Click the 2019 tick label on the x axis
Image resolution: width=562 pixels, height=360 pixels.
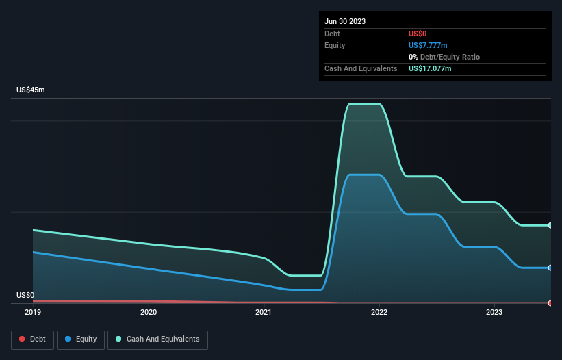click(33, 312)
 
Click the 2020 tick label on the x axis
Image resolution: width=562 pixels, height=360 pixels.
click(148, 312)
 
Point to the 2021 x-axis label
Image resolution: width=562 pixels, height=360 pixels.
click(264, 312)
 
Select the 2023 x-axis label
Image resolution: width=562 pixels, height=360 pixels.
click(494, 312)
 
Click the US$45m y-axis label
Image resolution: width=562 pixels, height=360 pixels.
click(30, 90)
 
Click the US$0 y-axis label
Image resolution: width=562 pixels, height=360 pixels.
click(25, 296)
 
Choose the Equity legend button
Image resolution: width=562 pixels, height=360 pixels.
click(81, 339)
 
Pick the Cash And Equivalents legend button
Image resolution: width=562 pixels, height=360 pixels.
click(157, 339)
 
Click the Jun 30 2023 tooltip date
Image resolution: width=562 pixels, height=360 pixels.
click(345, 21)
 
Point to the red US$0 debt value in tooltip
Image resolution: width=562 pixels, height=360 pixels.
click(418, 34)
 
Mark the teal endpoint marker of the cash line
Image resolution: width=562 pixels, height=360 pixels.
click(550, 225)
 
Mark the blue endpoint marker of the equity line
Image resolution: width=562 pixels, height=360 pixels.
click(550, 268)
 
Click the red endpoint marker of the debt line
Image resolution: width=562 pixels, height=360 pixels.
click(550, 303)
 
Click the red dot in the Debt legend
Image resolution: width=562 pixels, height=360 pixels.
click(22, 339)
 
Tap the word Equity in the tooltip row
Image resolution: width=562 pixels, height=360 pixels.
click(335, 45)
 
